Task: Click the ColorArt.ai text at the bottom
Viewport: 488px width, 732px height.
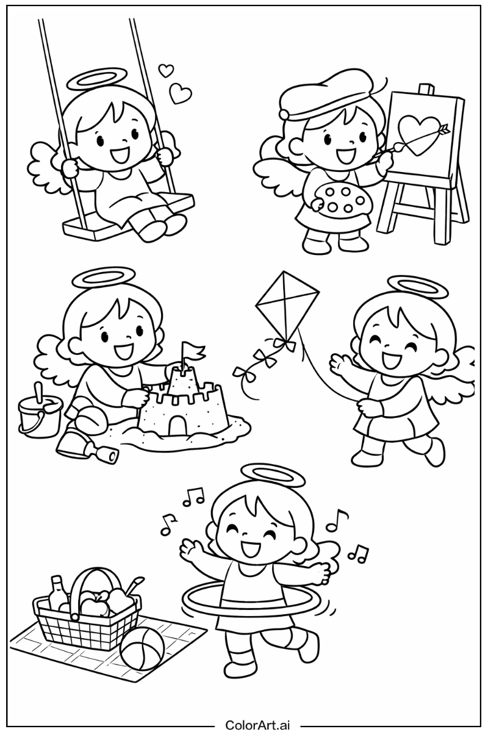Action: pyautogui.click(x=257, y=724)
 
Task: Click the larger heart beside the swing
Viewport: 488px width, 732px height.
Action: pyautogui.click(x=181, y=93)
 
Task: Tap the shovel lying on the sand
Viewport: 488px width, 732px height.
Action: pyautogui.click(x=85, y=450)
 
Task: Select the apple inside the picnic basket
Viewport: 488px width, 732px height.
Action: pyautogui.click(x=93, y=606)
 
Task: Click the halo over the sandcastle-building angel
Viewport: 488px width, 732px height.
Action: pyautogui.click(x=102, y=278)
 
